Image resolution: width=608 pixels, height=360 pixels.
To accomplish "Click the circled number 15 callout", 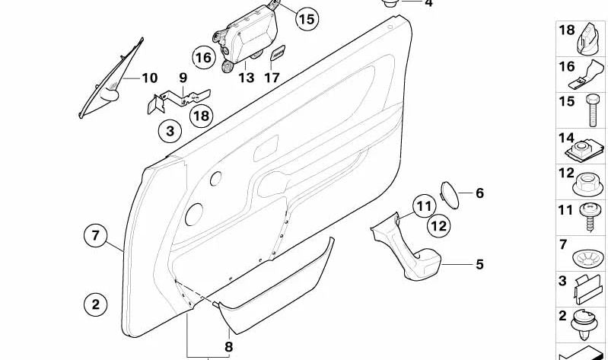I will coord(304,19).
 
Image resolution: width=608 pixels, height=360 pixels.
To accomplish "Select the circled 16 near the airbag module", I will coord(203,57).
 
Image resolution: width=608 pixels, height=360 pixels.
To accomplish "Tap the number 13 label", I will coord(246,78).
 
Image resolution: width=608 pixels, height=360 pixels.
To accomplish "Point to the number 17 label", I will coord(272,78).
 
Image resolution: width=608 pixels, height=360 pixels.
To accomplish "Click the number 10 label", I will coord(149,78).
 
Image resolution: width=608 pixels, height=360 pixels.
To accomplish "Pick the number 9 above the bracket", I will coord(183,78).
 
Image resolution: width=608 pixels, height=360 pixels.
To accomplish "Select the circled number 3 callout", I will coord(170,132).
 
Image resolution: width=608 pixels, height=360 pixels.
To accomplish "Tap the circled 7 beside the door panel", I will coord(96,236).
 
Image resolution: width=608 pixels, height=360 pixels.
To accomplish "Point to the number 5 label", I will coord(479,265).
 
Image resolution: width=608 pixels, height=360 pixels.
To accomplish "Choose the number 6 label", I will coord(479,193).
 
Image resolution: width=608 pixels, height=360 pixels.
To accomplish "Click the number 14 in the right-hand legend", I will coord(566,138).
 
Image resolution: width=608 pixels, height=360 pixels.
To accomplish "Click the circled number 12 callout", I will coord(438,225).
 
